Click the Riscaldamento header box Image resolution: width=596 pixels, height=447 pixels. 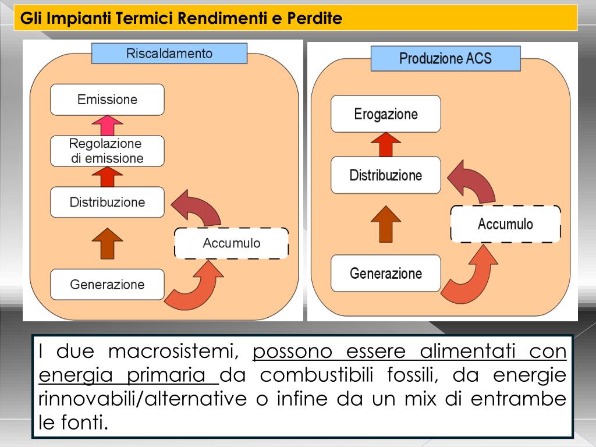click(x=169, y=54)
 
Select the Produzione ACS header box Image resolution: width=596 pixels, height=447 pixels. click(x=445, y=59)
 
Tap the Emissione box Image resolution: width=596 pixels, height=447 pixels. click(x=107, y=100)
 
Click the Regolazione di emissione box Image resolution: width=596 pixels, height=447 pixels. click(x=107, y=151)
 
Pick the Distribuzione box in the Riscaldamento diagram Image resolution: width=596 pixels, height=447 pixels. click(x=107, y=203)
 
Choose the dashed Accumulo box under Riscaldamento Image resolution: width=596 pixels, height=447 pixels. click(x=231, y=243)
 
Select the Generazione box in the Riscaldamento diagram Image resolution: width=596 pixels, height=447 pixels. click(x=107, y=285)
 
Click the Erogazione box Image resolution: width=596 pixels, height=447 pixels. click(x=385, y=114)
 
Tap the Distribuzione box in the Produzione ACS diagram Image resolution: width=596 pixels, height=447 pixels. click(x=385, y=175)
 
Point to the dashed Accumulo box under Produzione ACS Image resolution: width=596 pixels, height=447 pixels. click(x=505, y=224)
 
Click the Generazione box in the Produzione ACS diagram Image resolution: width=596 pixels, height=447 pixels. click(x=385, y=274)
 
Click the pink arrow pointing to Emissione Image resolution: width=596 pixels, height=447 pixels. click(x=107, y=125)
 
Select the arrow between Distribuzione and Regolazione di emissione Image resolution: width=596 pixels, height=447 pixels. click(x=107, y=176)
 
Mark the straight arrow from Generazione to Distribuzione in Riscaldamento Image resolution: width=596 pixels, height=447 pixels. click(x=107, y=243)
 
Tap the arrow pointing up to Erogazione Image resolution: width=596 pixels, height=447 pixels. click(x=385, y=144)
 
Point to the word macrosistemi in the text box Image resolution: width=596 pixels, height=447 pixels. click(x=173, y=352)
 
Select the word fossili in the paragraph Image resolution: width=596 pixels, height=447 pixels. click(x=416, y=375)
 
